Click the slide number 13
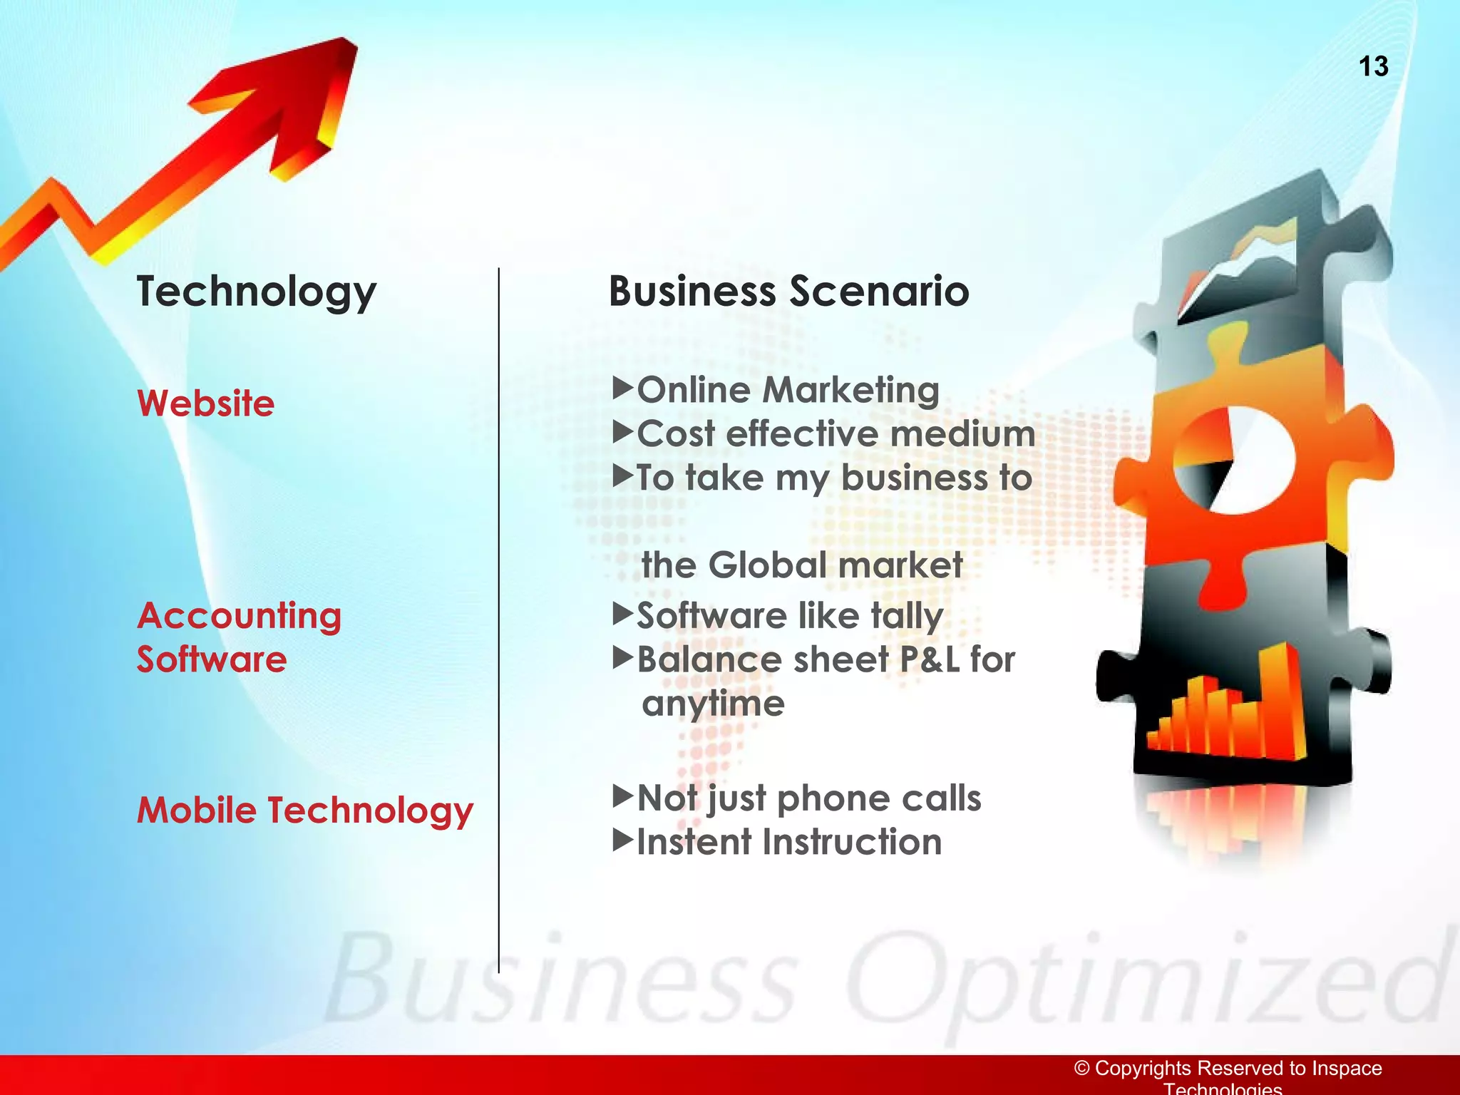pos(1373,66)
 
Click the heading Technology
pos(256,292)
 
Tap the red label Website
pos(205,403)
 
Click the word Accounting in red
pos(239,616)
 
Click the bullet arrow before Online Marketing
pos(622,389)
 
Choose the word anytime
pos(713,704)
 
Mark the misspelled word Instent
pos(692,842)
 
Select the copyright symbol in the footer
pos(1082,1068)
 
